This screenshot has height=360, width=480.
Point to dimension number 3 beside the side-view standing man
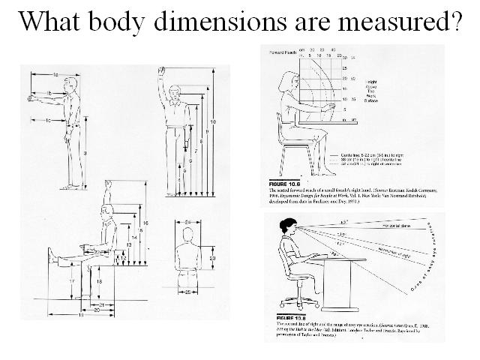[85, 153]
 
